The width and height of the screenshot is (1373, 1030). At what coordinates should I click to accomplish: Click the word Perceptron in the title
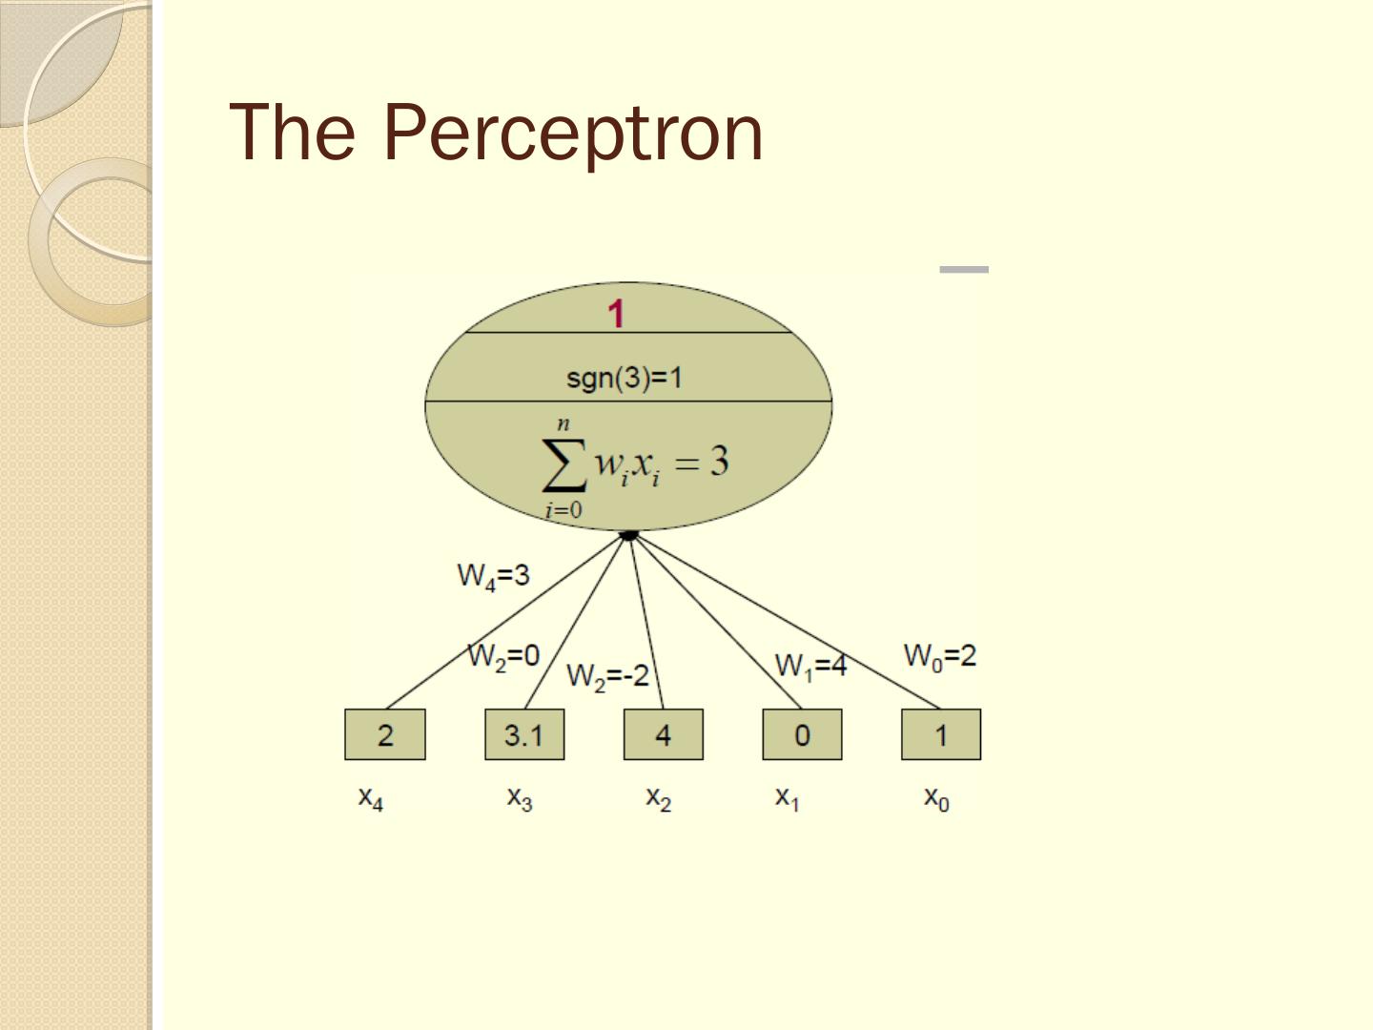[x=572, y=132]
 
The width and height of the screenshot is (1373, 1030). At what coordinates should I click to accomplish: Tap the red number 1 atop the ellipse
[x=617, y=314]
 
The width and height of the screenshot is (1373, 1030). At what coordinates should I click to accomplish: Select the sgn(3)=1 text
[x=625, y=379]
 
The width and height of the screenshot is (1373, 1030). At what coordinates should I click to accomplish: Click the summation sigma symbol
[x=563, y=466]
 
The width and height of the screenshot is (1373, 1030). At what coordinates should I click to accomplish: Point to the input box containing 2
[x=385, y=734]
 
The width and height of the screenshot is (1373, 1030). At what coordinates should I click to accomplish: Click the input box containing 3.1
[x=524, y=734]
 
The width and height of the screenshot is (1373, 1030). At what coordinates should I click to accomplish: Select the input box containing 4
[x=664, y=734]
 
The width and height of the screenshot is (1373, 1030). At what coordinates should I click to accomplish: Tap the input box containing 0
[x=802, y=734]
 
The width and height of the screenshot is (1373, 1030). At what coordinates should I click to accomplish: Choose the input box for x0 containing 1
[x=941, y=734]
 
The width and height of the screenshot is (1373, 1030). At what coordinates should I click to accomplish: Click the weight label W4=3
[x=493, y=576]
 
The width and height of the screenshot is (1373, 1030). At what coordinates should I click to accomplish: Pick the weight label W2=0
[x=503, y=657]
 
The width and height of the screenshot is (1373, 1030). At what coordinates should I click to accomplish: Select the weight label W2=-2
[x=607, y=676]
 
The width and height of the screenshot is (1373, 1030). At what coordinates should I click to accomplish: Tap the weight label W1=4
[x=810, y=665]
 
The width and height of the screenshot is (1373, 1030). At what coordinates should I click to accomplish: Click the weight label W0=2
[x=939, y=656]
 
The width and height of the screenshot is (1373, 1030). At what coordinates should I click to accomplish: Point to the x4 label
[x=371, y=797]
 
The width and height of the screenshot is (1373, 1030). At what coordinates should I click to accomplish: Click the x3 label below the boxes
[x=520, y=797]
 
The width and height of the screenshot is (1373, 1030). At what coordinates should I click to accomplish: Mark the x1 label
[x=788, y=797]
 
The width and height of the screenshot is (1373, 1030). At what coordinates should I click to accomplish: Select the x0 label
[x=936, y=797]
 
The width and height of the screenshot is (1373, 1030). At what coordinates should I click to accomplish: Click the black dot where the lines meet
[x=628, y=535]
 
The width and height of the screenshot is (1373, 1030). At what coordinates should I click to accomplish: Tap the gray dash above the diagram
[x=964, y=270]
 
